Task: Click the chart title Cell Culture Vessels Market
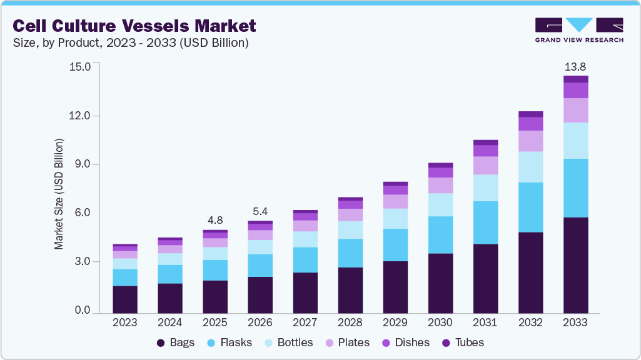pyautogui.click(x=134, y=26)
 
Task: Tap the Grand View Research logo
pyautogui.click(x=578, y=29)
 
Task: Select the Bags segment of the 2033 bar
pyautogui.click(x=575, y=265)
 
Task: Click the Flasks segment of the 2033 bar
pyautogui.click(x=575, y=188)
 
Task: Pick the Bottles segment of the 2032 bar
pyautogui.click(x=530, y=167)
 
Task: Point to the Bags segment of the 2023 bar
pyautogui.click(x=125, y=299)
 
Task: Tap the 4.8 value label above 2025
pyautogui.click(x=215, y=220)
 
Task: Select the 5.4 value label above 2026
pyautogui.click(x=260, y=211)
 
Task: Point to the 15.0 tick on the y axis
pyautogui.click(x=82, y=66)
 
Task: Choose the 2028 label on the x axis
pyautogui.click(x=350, y=322)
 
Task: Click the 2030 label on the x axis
pyautogui.click(x=440, y=322)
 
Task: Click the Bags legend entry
pyautogui.click(x=176, y=342)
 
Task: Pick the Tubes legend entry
pyautogui.click(x=463, y=342)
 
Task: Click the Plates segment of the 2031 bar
pyautogui.click(x=485, y=165)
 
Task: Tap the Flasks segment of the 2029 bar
pyautogui.click(x=395, y=245)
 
